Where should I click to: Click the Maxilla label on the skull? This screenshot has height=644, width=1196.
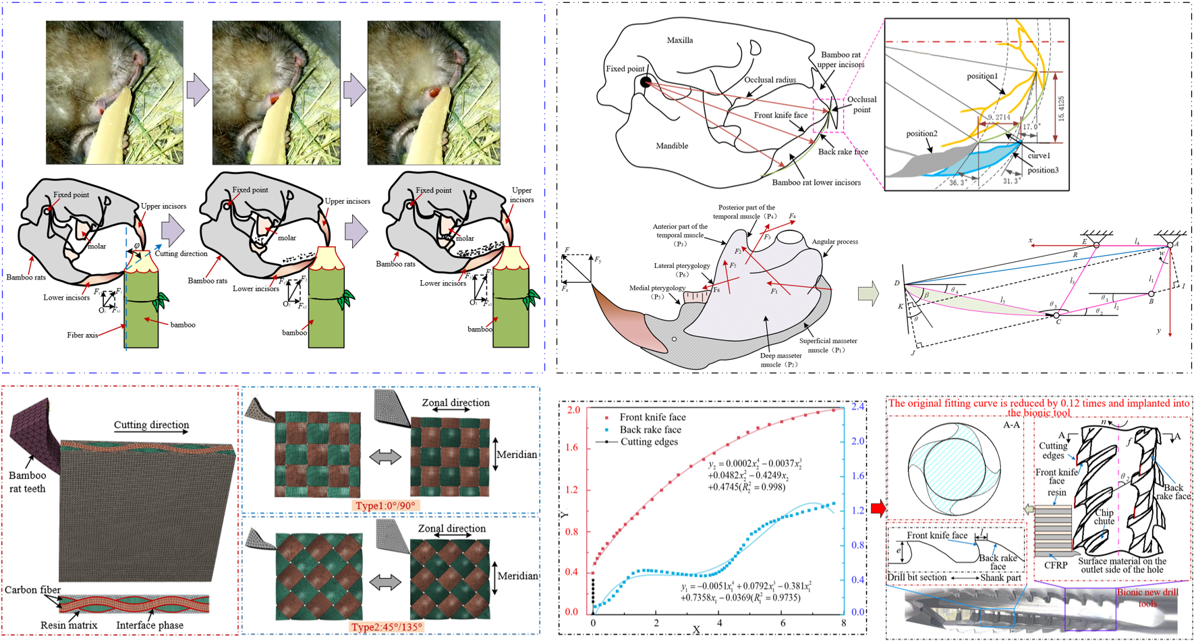[679, 41]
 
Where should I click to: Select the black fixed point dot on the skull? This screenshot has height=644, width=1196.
[646, 82]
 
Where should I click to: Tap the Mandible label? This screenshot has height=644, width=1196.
[672, 146]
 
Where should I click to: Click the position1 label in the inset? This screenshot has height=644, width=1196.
[982, 76]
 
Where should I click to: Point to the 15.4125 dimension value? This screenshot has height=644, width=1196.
[1061, 108]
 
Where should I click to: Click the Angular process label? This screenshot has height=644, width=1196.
[835, 242]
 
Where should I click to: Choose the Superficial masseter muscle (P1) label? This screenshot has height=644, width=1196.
[828, 345]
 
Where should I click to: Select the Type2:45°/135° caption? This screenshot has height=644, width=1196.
[387, 627]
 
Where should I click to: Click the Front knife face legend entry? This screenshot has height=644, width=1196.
[652, 417]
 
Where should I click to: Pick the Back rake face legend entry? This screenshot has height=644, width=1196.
[650, 429]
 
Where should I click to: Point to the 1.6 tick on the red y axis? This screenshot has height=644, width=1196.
[573, 448]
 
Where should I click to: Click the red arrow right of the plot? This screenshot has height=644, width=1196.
[878, 508]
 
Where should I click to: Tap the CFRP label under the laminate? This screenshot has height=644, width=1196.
[1056, 565]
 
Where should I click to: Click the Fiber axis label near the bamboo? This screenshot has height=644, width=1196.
[82, 335]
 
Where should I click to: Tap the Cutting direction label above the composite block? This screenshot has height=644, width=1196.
[151, 425]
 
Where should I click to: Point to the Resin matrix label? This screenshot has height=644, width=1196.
[69, 625]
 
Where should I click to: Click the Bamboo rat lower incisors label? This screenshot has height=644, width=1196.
[816, 182]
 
